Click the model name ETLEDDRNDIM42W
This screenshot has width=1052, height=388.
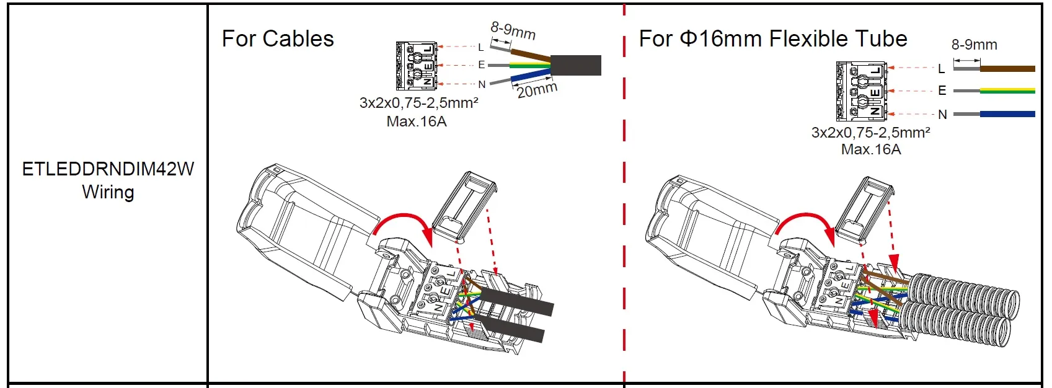pyautogui.click(x=108, y=169)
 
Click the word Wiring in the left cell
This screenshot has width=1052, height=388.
pyautogui.click(x=108, y=192)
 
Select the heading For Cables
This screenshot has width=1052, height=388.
pyautogui.click(x=278, y=39)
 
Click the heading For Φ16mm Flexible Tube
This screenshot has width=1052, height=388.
pyautogui.click(x=772, y=39)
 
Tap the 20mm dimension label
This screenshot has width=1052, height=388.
pyautogui.click(x=537, y=90)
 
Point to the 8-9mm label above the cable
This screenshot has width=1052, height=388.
pyautogui.click(x=513, y=30)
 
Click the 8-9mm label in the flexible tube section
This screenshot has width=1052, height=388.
pyautogui.click(x=974, y=45)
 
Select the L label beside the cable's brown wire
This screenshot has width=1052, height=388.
pyautogui.click(x=480, y=47)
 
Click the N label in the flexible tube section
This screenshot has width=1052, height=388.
pyautogui.click(x=942, y=115)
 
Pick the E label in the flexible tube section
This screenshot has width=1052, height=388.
pyautogui.click(x=942, y=91)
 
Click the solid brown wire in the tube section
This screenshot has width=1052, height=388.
pyautogui.click(x=1007, y=69)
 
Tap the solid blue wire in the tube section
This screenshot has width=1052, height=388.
pyautogui.click(x=1007, y=114)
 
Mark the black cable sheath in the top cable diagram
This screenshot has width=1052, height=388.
pyautogui.click(x=576, y=66)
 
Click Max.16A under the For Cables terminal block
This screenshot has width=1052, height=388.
pyautogui.click(x=416, y=121)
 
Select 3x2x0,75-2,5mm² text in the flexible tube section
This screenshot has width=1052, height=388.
pyautogui.click(x=870, y=133)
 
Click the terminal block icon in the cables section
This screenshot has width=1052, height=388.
pyautogui.click(x=417, y=66)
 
